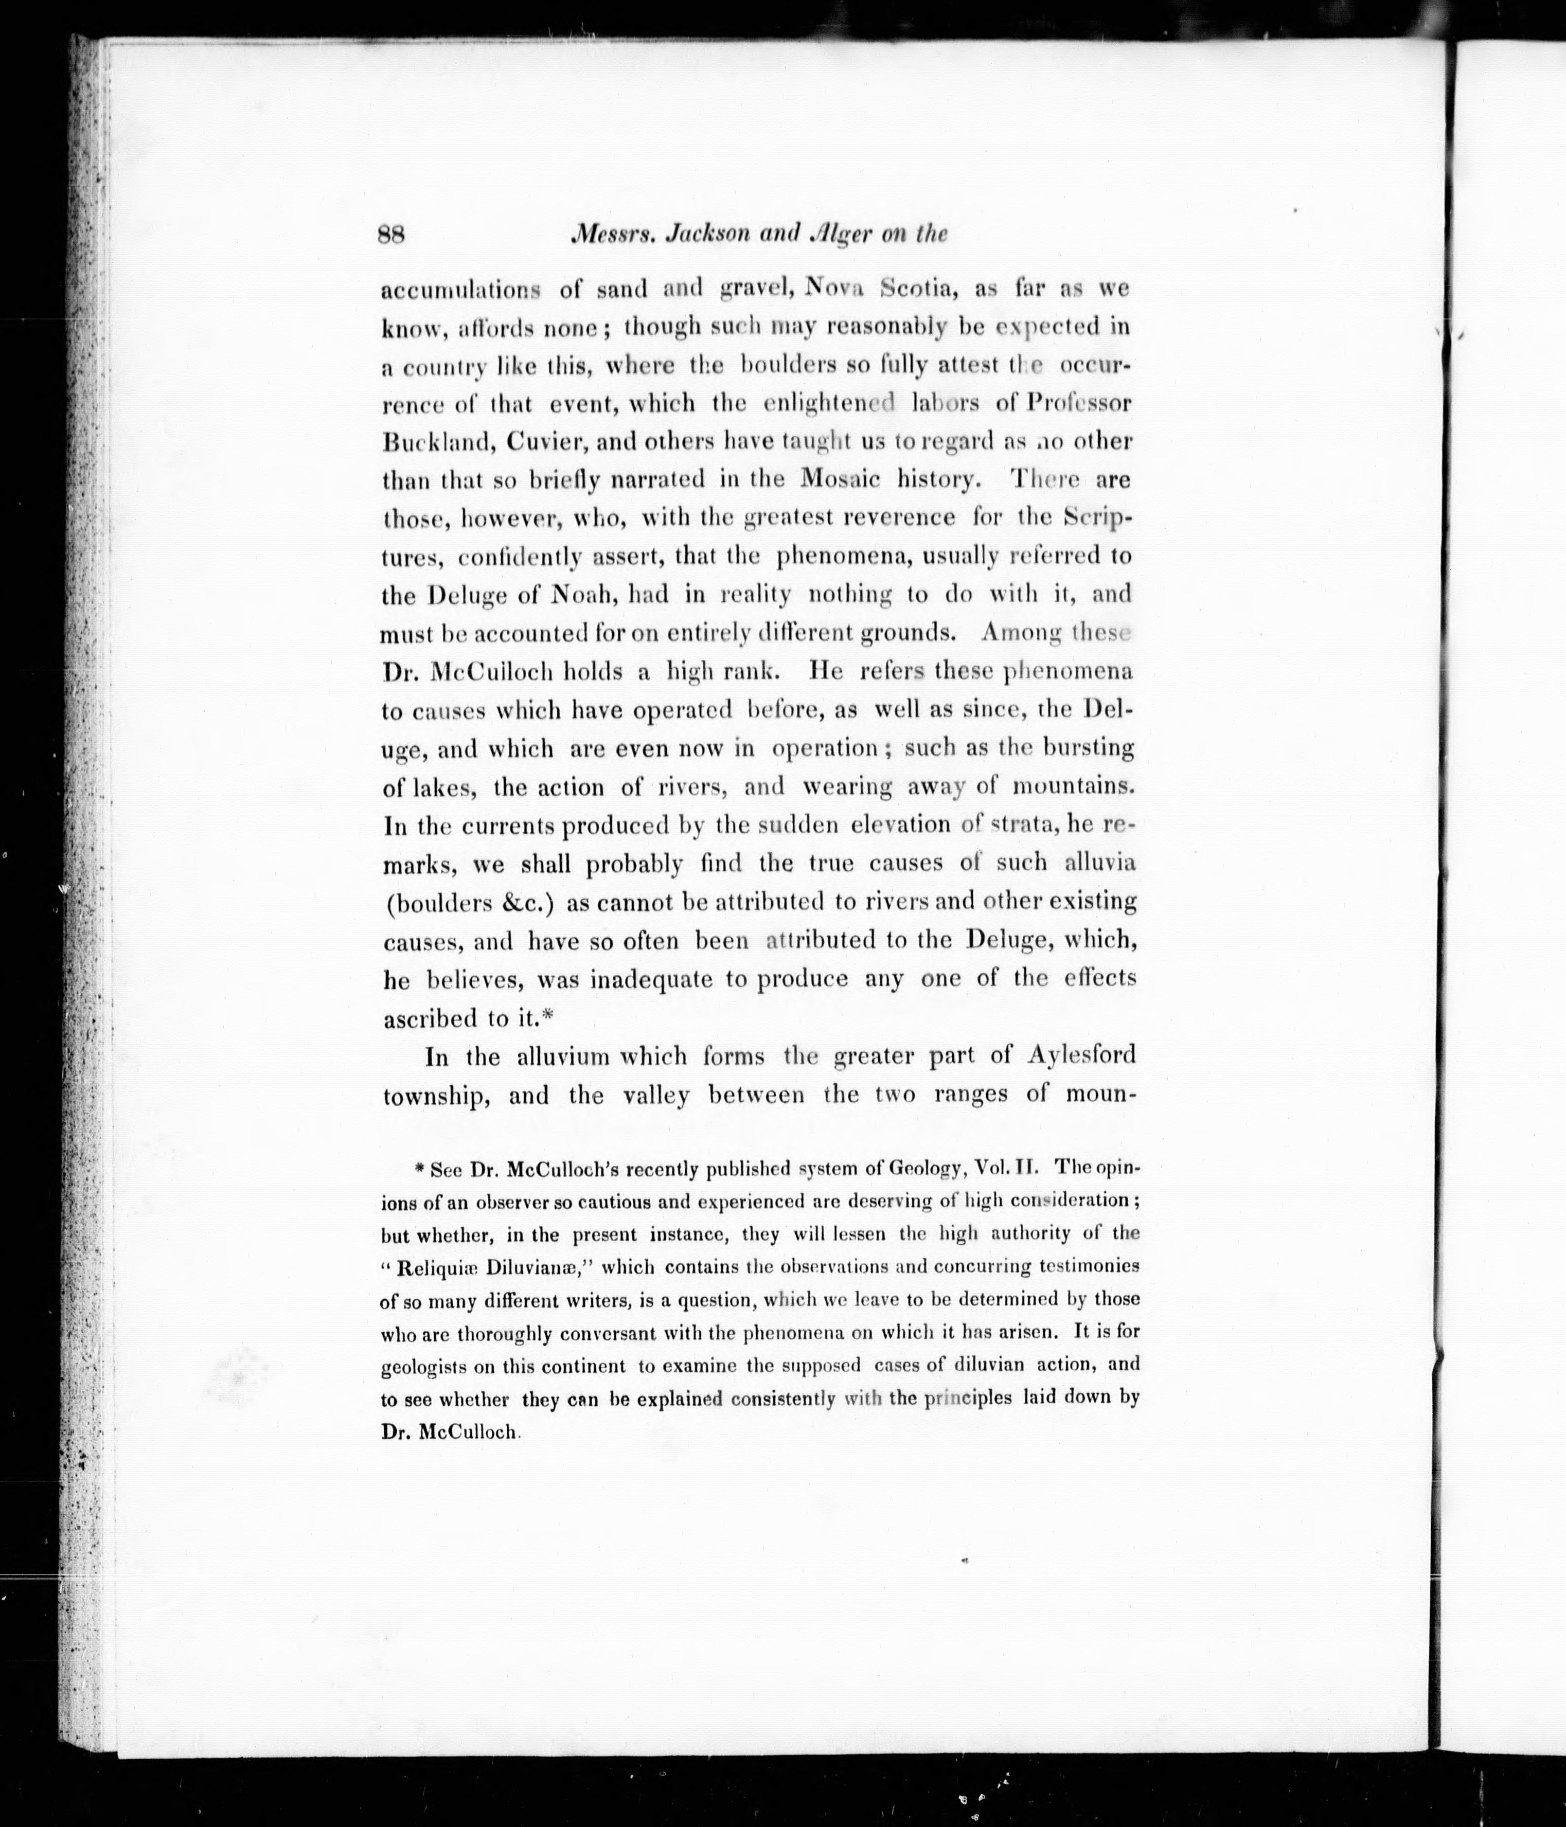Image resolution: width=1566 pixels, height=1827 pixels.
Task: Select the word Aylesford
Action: (1081, 1055)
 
